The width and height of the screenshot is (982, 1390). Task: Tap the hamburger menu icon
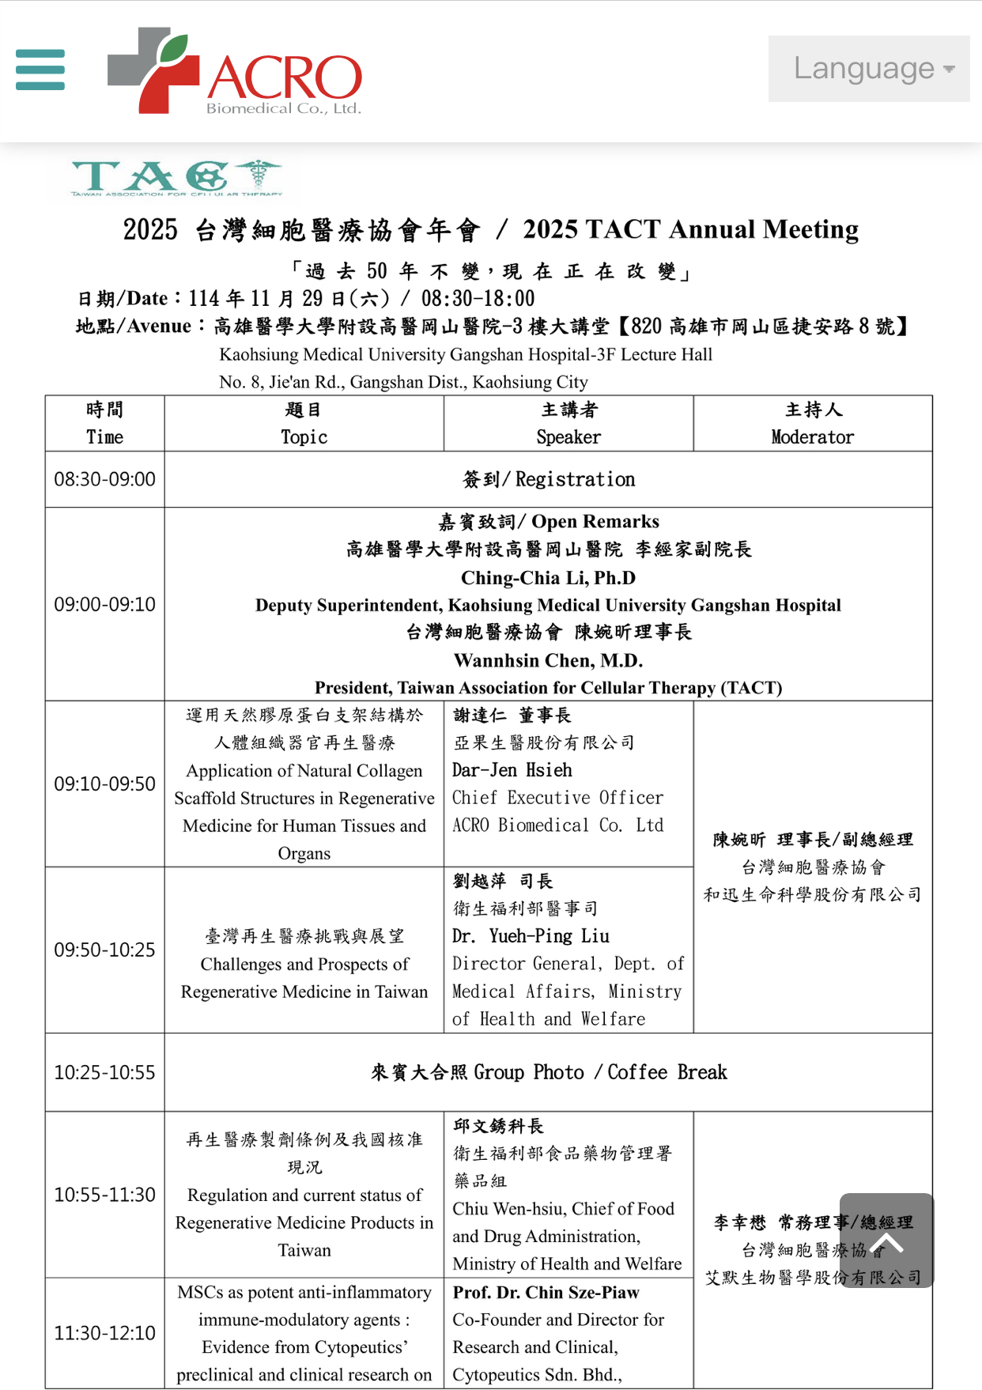tap(40, 70)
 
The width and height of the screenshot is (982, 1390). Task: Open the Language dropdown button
tap(869, 69)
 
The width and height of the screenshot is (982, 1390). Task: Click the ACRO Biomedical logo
tap(235, 72)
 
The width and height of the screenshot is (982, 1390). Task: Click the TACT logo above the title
tap(176, 178)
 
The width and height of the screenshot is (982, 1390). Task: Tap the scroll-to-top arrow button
tap(886, 1240)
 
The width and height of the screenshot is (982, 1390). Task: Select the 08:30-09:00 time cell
tap(104, 479)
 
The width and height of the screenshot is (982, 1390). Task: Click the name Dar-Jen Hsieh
tap(512, 770)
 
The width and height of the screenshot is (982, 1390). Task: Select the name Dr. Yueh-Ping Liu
tap(531, 936)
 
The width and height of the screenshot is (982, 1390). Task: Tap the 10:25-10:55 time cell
tap(104, 1072)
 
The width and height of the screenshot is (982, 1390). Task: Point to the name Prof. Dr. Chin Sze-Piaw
tap(546, 1292)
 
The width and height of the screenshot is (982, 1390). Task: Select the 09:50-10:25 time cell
tap(104, 950)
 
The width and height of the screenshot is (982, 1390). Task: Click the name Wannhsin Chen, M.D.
tap(548, 660)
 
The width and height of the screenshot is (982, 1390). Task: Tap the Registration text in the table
tap(575, 479)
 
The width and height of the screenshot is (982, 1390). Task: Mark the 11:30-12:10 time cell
tap(104, 1333)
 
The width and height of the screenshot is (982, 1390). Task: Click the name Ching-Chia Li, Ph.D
tap(548, 578)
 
